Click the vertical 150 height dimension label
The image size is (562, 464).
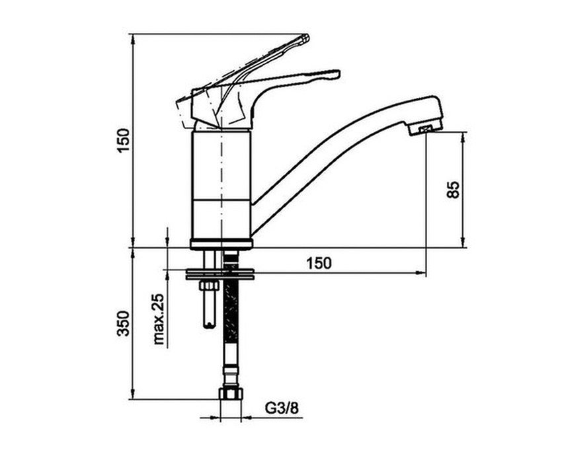pyautogui.click(x=123, y=140)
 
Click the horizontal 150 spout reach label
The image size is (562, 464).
pyautogui.click(x=319, y=263)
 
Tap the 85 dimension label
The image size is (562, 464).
pyautogui.click(x=453, y=190)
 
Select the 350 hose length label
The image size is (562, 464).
pyautogui.click(x=123, y=323)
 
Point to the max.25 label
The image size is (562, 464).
pyautogui.click(x=159, y=319)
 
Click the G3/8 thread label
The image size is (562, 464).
pyautogui.click(x=282, y=408)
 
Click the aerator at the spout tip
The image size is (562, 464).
pyautogui.click(x=425, y=129)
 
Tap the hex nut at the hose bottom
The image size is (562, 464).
pyautogui.click(x=231, y=393)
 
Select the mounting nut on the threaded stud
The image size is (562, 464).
pyautogui.click(x=209, y=286)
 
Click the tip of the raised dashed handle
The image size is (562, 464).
pyautogui.click(x=305, y=37)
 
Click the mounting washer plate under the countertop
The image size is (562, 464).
pyautogui.click(x=220, y=274)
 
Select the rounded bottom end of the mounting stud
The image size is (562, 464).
pyautogui.click(x=210, y=325)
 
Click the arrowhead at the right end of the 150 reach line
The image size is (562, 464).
pyautogui.click(x=422, y=273)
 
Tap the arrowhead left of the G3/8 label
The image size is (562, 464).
pyautogui.click(x=214, y=418)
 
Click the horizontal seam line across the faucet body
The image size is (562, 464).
pyautogui.click(x=221, y=198)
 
